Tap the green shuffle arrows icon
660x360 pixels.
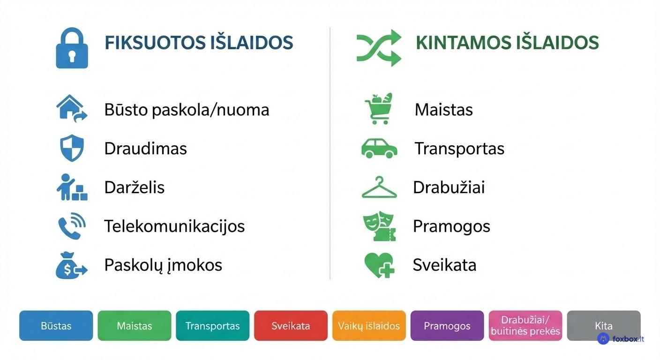click(x=379, y=48)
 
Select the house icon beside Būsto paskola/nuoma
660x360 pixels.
click(x=71, y=109)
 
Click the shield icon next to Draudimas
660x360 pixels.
click(x=72, y=148)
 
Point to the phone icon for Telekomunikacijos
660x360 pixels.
click(x=72, y=226)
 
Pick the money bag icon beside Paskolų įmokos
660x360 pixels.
click(x=71, y=265)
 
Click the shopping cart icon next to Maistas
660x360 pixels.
click(x=379, y=109)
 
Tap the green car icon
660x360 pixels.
click(x=379, y=148)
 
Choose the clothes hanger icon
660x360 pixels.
click(x=379, y=187)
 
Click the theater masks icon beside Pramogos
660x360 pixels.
click(x=379, y=226)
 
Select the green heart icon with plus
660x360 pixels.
click(x=379, y=265)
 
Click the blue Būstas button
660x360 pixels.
click(x=56, y=326)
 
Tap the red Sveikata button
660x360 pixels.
click(x=291, y=326)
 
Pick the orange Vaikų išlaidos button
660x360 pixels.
click(x=369, y=326)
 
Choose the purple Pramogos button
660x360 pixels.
click(x=447, y=326)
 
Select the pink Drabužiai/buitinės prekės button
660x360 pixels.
click(x=525, y=326)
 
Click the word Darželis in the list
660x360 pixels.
click(x=134, y=187)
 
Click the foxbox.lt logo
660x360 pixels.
click(x=621, y=339)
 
